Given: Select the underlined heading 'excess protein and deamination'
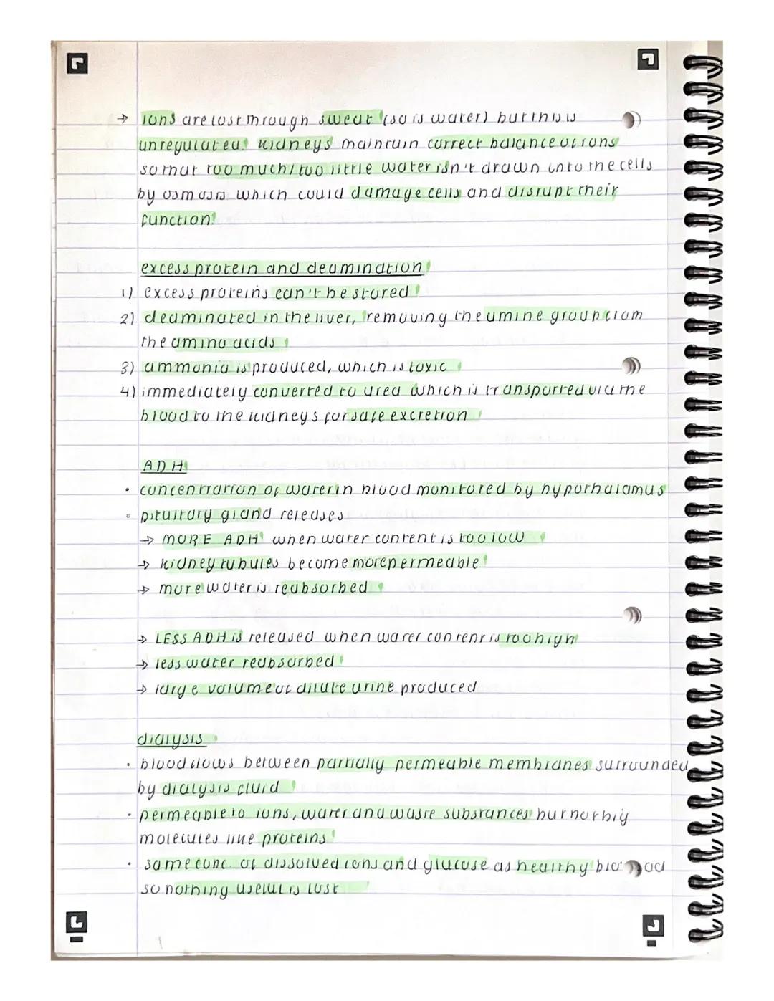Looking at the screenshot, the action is pyautogui.click(x=282, y=268).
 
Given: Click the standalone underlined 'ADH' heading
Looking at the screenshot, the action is pyautogui.click(x=163, y=466).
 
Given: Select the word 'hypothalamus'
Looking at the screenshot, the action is pyautogui.click(x=605, y=490).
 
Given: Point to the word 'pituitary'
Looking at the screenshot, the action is pyautogui.click(x=177, y=514).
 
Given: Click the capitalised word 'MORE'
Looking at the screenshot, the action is pyautogui.click(x=189, y=539).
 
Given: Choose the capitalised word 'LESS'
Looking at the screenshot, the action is pyautogui.click(x=171, y=637).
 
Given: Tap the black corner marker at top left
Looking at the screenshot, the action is pyautogui.click(x=77, y=65).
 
